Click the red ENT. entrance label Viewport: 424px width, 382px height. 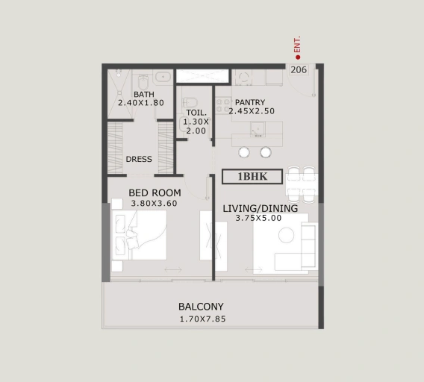pos(297,44)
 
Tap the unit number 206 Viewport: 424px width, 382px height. pos(299,69)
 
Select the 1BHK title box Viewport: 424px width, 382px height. pos(252,177)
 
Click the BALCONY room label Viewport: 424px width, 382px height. pos(201,307)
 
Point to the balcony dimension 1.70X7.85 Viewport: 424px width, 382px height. pos(203,319)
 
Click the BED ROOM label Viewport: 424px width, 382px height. pos(155,192)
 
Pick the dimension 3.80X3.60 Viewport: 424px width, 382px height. pos(154,203)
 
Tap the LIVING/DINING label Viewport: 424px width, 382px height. pos(260,208)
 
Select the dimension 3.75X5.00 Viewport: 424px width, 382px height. pos(258,218)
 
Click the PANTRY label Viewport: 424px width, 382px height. pos(250,102)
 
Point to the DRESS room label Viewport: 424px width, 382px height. pos(139,159)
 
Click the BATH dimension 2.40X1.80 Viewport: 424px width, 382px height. pos(141,103)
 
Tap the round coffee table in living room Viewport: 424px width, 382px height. pos(287,235)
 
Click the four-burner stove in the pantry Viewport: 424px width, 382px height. pos(223,105)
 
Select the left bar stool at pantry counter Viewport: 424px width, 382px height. pos(244,152)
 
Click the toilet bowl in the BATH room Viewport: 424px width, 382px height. pos(143,82)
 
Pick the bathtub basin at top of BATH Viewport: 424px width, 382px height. pos(163,77)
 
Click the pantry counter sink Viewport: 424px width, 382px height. pos(257,129)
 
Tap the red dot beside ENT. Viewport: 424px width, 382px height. pos(298,57)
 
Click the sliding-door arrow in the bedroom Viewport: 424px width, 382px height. pos(173,269)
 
